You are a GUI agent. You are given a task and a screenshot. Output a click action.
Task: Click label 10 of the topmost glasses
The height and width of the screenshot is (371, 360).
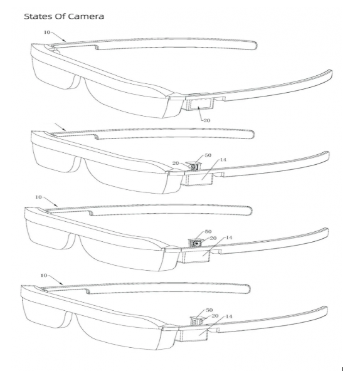(x=47, y=32)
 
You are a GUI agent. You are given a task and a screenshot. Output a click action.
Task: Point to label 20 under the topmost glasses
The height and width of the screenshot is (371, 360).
(x=207, y=120)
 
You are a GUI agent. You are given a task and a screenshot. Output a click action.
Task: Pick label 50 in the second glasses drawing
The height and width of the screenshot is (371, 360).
(x=208, y=155)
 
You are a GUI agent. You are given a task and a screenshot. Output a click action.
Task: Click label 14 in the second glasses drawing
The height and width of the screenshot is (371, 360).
(x=223, y=160)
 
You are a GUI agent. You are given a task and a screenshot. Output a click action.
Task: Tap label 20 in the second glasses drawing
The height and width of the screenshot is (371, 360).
(x=176, y=163)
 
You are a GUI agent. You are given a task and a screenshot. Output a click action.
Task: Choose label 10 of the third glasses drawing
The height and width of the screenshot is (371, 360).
(x=38, y=197)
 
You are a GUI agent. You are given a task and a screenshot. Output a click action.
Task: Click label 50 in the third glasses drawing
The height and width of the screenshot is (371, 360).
(x=208, y=231)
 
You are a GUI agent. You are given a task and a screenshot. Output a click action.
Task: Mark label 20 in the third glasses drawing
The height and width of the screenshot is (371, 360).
(x=213, y=238)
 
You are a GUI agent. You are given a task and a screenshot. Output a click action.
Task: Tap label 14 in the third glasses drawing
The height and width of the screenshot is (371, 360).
(x=229, y=238)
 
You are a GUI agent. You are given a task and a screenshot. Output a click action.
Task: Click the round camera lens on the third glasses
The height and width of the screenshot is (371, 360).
(x=197, y=243)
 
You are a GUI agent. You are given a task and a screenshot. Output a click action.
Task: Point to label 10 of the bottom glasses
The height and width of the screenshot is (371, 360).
(x=44, y=275)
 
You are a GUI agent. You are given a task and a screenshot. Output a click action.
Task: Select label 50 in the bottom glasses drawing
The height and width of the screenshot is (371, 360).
(x=209, y=310)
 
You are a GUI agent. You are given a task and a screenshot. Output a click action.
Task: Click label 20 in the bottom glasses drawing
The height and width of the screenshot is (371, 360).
(x=215, y=316)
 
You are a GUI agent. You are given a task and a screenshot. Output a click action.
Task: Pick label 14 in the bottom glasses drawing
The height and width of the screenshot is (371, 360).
(x=229, y=316)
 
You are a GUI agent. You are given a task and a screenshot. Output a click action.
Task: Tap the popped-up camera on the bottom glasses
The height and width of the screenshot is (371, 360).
(x=196, y=321)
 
